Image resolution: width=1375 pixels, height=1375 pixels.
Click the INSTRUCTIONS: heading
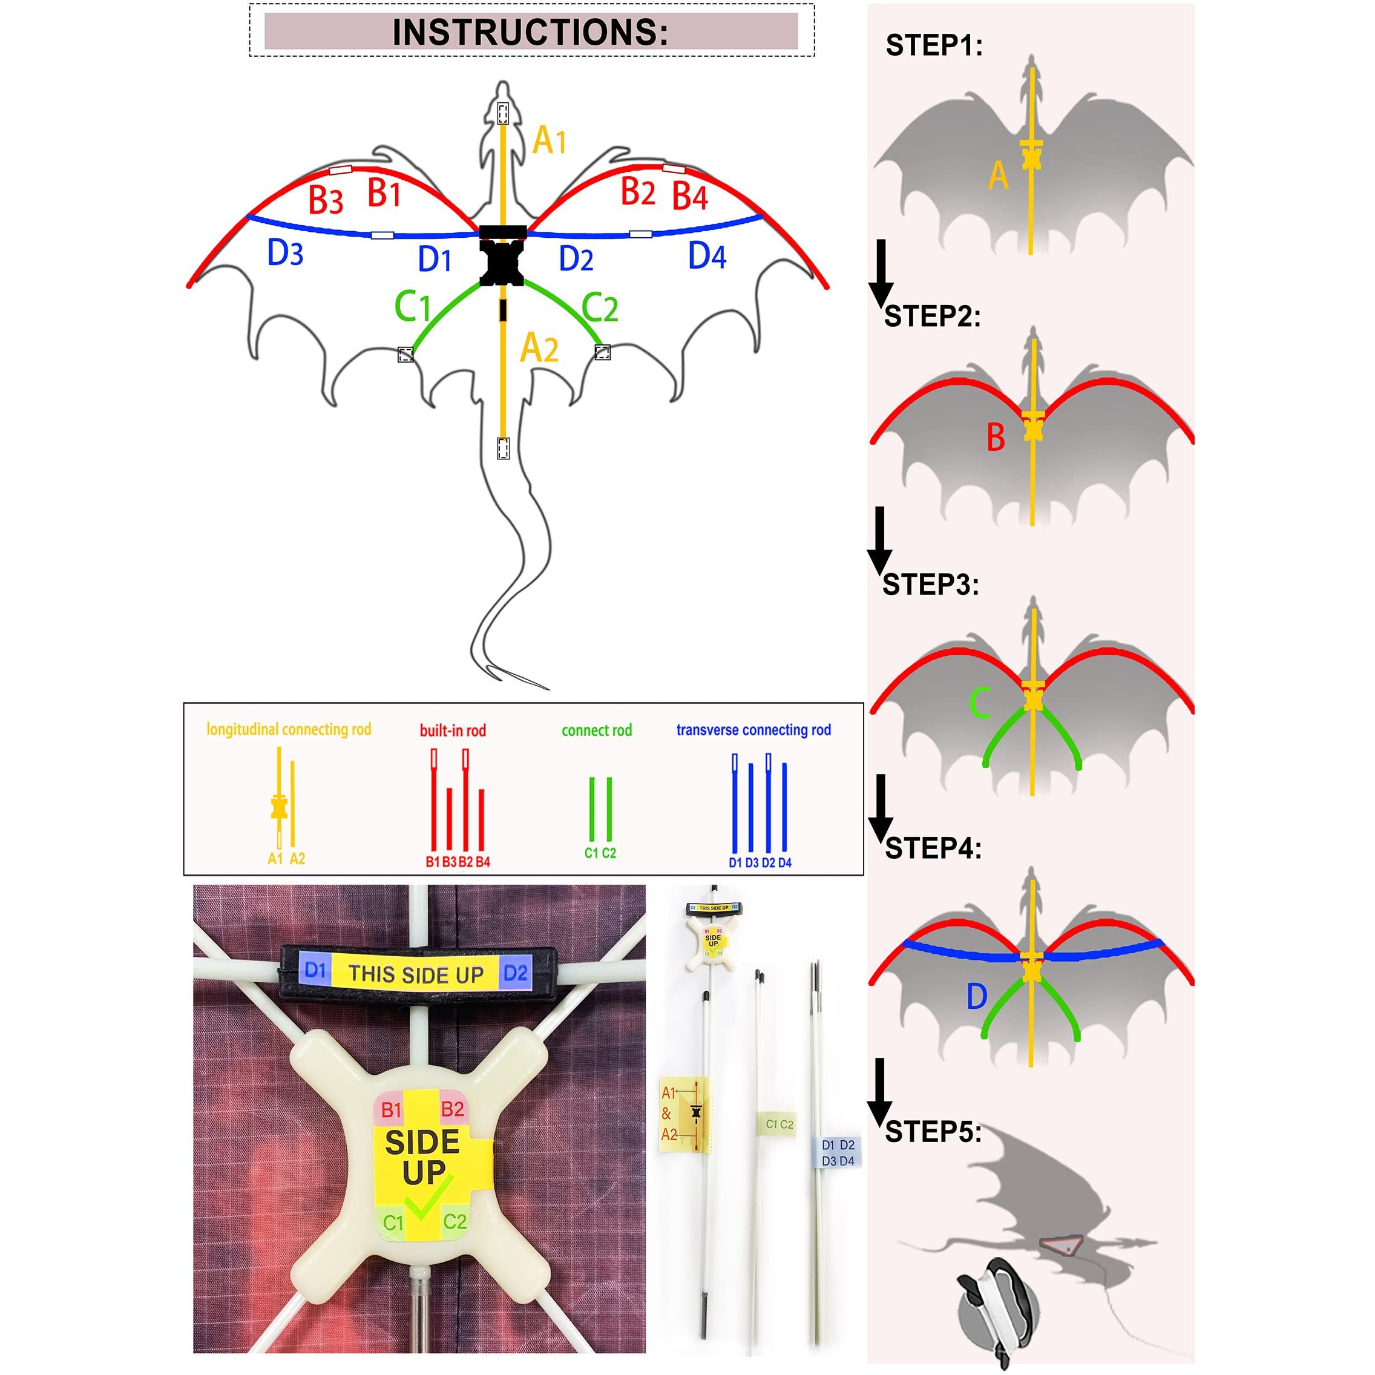(530, 32)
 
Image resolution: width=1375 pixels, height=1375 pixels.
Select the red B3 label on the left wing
(325, 200)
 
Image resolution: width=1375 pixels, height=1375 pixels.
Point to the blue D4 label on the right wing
(707, 256)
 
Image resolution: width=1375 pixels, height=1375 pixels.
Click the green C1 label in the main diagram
(413, 307)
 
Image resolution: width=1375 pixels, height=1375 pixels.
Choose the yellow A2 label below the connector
(539, 349)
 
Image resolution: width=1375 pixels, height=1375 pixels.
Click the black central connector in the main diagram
(502, 258)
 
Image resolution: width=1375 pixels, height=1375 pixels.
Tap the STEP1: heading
(934, 45)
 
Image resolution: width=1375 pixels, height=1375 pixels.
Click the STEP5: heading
(933, 1132)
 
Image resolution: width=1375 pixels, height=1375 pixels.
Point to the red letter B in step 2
(996, 438)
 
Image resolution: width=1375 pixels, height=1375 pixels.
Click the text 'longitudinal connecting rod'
(289, 729)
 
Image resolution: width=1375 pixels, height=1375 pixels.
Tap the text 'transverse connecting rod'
(753, 730)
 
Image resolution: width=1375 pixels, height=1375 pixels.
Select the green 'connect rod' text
(596, 730)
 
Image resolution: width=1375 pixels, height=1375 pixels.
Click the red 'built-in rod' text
(453, 730)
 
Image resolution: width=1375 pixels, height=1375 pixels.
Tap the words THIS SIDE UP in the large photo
(416, 974)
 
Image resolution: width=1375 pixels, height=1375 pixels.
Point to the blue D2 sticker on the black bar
(515, 973)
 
